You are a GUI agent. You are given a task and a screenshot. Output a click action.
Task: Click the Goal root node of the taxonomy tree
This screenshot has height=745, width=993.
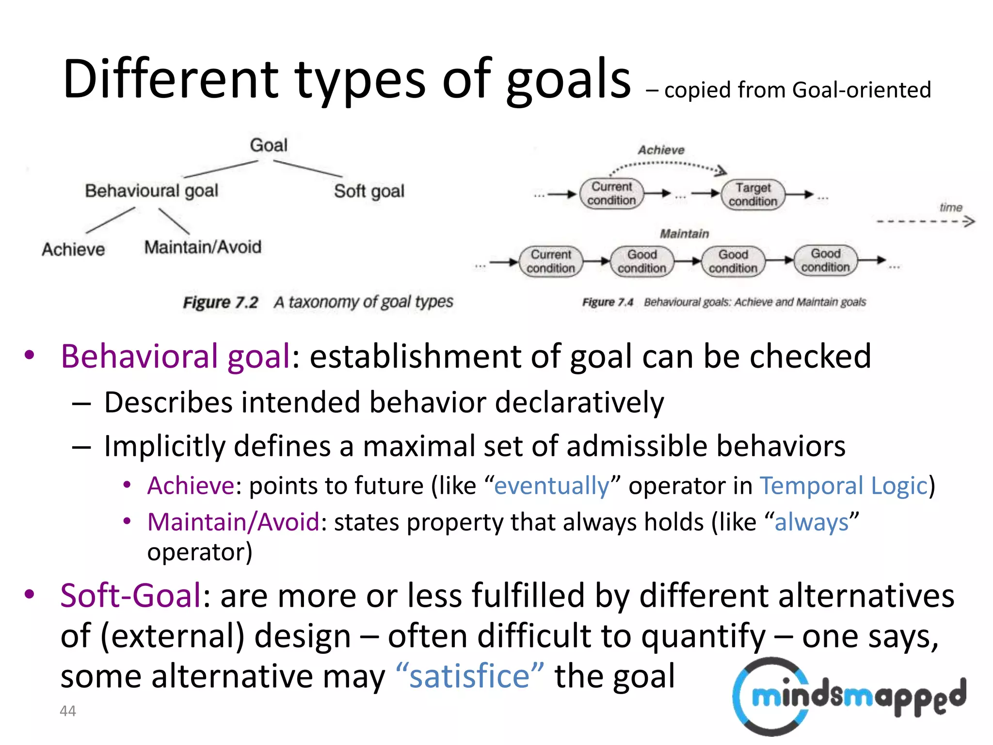coord(269,145)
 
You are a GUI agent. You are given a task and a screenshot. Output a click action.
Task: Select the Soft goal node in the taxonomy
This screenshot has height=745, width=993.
coord(369,191)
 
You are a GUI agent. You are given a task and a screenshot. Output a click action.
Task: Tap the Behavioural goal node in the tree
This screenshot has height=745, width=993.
coord(152,191)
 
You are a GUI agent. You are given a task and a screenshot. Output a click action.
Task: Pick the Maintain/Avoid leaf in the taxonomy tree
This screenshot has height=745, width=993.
coord(203,247)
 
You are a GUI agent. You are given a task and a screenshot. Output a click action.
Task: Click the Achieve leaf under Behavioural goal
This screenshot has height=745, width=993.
coord(73,249)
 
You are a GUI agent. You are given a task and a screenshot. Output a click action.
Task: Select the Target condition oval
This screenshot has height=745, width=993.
coord(753,194)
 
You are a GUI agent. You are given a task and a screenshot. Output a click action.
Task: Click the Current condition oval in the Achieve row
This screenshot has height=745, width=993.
coord(611,194)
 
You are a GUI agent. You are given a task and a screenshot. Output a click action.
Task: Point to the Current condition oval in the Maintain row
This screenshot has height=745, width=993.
coord(551,261)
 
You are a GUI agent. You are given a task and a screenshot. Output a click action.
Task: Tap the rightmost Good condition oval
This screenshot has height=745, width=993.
coord(825,260)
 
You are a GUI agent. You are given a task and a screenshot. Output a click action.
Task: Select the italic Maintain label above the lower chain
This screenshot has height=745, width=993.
coord(684,234)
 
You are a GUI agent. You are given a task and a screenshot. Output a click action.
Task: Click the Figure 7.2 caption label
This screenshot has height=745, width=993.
coord(221,303)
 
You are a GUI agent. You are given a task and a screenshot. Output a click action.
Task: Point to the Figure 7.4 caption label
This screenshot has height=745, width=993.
coord(608,303)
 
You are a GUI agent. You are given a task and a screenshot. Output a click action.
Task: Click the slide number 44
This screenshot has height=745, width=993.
coord(67,711)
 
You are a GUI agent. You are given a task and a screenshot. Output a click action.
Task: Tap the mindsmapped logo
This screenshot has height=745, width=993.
coord(849,696)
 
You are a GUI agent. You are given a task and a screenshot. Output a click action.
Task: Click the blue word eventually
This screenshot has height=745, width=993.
coord(552,486)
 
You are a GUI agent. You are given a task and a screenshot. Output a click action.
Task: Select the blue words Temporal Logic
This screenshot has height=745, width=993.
coord(843,486)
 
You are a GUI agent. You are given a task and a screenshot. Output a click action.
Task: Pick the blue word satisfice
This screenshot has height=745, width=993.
coord(469,676)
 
